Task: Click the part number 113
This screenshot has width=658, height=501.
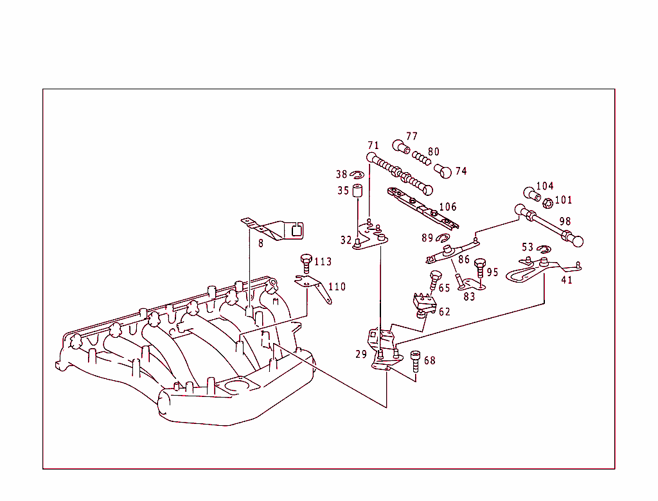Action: (323, 261)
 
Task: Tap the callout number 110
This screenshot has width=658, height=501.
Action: (337, 286)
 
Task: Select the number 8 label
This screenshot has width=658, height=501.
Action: (261, 243)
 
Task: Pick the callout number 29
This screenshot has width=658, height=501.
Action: (360, 354)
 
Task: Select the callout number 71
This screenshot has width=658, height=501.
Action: (373, 145)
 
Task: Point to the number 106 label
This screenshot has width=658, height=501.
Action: (447, 207)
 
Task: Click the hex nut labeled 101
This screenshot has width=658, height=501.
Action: (547, 203)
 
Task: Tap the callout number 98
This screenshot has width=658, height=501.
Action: (565, 222)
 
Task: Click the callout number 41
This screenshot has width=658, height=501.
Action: (566, 280)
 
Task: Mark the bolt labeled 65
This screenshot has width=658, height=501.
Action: (435, 279)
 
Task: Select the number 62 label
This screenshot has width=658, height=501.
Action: (444, 312)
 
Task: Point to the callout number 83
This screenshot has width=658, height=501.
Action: (470, 297)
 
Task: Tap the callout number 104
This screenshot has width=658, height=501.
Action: (544, 186)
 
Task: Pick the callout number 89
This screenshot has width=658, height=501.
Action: (427, 238)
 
